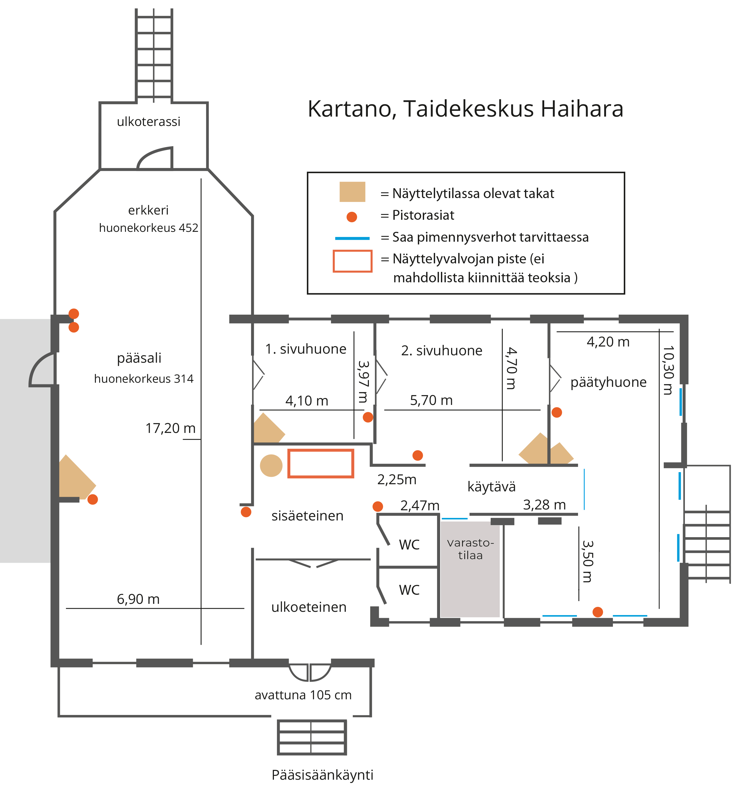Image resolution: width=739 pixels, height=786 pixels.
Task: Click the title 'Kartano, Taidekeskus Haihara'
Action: pos(465,109)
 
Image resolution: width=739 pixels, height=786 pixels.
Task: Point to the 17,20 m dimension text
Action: pos(170,428)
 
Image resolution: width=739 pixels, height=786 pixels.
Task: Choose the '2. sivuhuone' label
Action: pos(442,351)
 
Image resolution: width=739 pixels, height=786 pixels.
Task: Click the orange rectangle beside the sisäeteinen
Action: pos(321,463)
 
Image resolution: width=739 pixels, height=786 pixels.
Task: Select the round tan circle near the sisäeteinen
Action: pos(271,465)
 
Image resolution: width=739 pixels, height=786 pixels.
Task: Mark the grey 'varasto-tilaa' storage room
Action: pos(470,569)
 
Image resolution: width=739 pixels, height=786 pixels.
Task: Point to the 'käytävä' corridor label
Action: pos(491,487)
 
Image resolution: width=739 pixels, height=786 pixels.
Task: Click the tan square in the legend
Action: pos(352,192)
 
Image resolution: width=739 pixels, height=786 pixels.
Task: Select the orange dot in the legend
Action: pos(351,217)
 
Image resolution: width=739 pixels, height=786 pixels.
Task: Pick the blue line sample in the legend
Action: pos(352,238)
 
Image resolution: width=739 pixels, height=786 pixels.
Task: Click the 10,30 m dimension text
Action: pos(668,370)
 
